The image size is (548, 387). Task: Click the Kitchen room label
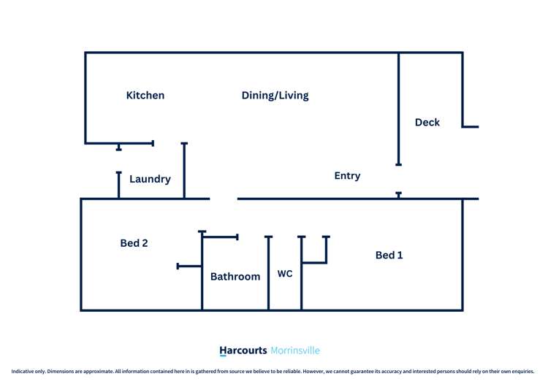(x=145, y=96)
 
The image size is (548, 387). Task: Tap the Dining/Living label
(x=275, y=96)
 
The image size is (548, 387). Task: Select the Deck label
(x=427, y=123)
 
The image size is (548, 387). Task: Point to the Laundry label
(x=150, y=179)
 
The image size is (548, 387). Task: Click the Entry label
(x=347, y=176)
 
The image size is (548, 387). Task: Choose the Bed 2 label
(x=134, y=243)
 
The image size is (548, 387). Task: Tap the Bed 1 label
(x=389, y=255)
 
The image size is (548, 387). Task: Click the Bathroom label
(x=235, y=277)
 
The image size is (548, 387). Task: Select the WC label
(x=285, y=274)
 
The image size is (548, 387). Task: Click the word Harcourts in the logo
(x=243, y=350)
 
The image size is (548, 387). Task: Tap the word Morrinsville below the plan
(x=295, y=350)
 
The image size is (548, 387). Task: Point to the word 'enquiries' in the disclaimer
(x=520, y=371)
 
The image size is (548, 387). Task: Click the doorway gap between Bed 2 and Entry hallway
(x=224, y=199)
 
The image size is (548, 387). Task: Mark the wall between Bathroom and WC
(x=268, y=277)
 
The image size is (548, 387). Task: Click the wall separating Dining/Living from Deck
(x=398, y=110)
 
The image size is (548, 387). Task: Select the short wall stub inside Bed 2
(x=189, y=267)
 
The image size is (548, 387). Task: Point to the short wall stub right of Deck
(x=471, y=127)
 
